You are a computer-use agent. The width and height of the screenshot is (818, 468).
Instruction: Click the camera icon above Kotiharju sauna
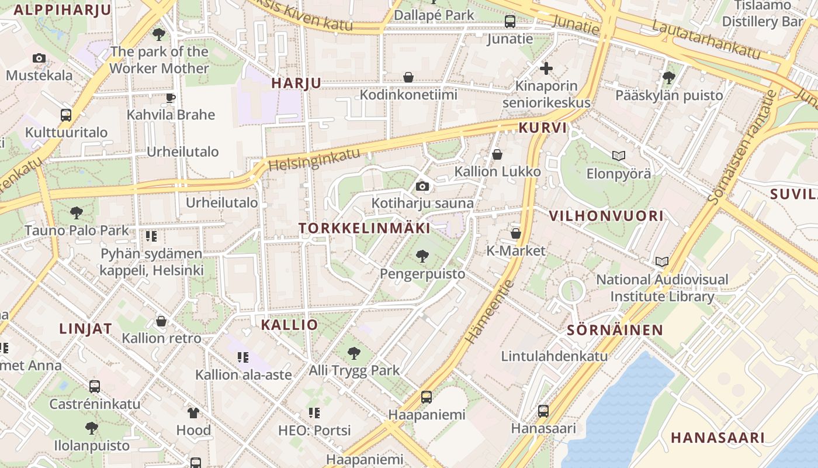(422, 187)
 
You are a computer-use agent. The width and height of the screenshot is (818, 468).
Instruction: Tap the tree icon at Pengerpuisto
(422, 256)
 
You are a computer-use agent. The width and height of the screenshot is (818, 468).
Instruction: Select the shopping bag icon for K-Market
(516, 233)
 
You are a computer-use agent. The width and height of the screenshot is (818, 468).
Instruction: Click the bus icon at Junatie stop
(510, 22)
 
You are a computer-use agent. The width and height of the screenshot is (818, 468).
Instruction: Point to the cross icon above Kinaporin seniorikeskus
(546, 68)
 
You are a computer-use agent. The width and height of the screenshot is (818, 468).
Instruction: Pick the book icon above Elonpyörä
(618, 156)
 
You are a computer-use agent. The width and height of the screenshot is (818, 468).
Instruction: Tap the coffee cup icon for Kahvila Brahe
(171, 97)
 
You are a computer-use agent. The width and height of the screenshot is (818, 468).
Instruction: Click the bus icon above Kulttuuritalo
(66, 115)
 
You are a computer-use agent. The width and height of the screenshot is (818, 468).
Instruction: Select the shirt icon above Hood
(193, 412)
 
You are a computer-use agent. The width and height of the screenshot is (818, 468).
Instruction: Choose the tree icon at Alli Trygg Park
(353, 353)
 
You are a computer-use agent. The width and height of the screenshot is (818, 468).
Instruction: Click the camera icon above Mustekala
(39, 58)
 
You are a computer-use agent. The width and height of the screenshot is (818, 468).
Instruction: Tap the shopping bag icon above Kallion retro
(161, 321)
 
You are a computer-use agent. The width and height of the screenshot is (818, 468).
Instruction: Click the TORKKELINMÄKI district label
(365, 229)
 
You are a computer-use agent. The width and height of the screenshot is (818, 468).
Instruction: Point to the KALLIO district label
(289, 325)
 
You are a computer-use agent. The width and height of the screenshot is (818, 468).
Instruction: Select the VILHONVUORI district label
(606, 216)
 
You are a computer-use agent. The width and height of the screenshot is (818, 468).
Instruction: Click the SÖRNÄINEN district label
(615, 330)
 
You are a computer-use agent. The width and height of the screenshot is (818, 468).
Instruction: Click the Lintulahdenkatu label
(554, 356)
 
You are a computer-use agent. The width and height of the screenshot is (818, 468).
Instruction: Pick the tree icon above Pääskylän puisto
(669, 77)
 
